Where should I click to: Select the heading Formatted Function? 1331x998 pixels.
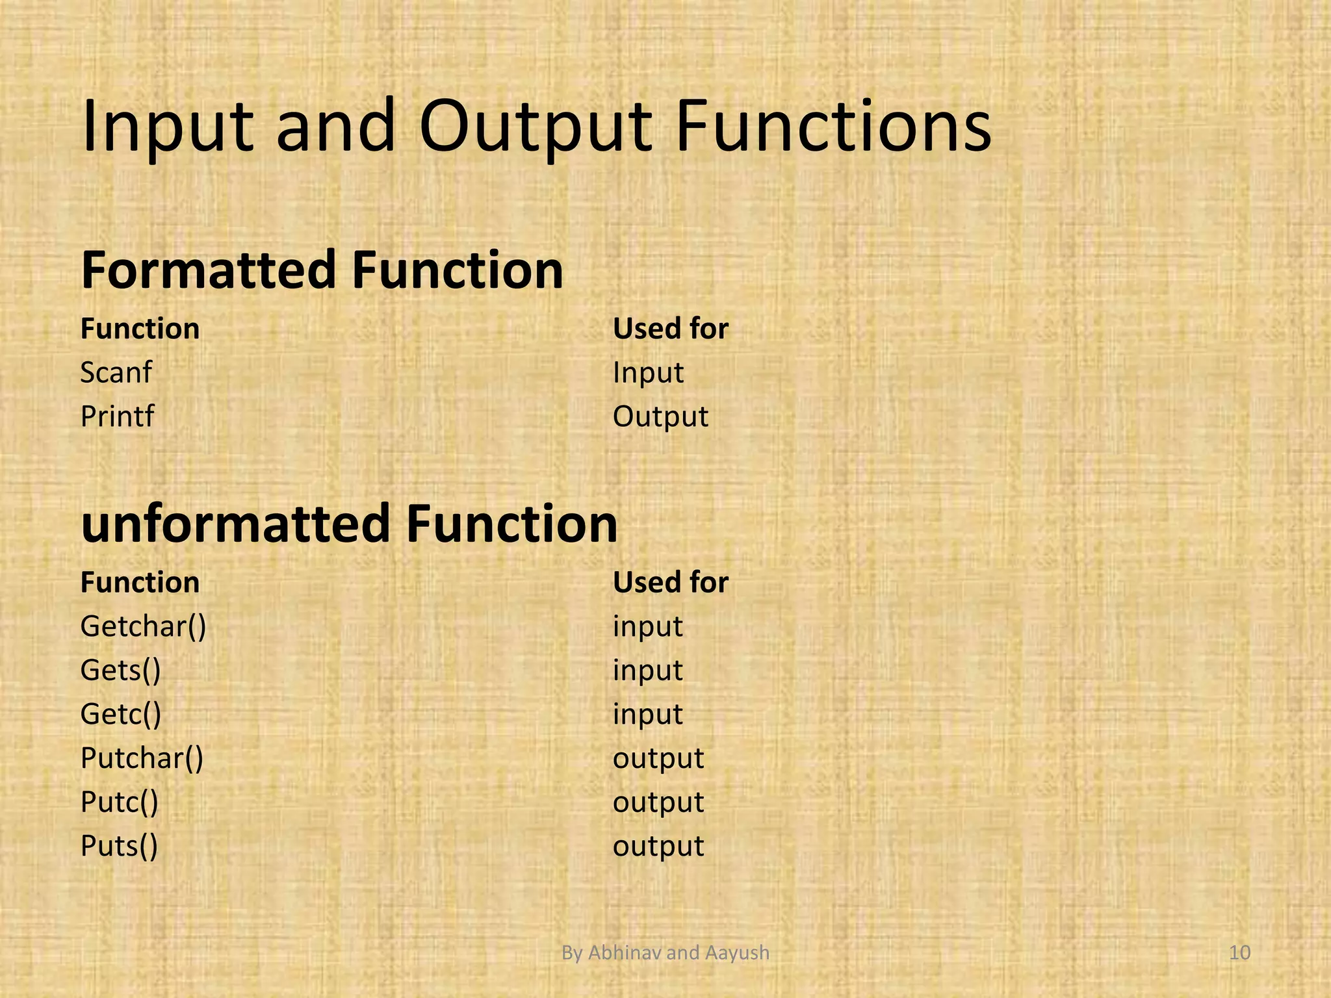coord(322,270)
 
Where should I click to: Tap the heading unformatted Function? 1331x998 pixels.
coord(349,524)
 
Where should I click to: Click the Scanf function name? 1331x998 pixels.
coord(116,373)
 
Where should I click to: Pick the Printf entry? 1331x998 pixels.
coord(117,416)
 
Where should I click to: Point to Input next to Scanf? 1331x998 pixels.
coord(648,373)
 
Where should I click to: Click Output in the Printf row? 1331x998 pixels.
coord(660,416)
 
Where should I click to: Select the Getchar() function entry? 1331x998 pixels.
coord(143,627)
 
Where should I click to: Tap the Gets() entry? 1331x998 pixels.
coord(120,671)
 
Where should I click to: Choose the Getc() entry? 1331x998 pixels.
coord(120,714)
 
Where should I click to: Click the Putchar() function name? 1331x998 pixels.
coord(142,758)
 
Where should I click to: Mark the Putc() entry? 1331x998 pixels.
coord(119,802)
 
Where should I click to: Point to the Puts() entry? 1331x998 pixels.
coord(119,846)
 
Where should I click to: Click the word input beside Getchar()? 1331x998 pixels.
coord(647,627)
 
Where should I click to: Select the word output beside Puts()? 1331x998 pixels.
coord(658,846)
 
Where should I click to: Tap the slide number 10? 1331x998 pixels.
coord(1240,953)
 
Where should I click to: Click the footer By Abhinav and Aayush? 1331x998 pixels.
coord(665,953)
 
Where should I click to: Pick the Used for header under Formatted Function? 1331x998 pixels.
coord(671,329)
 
